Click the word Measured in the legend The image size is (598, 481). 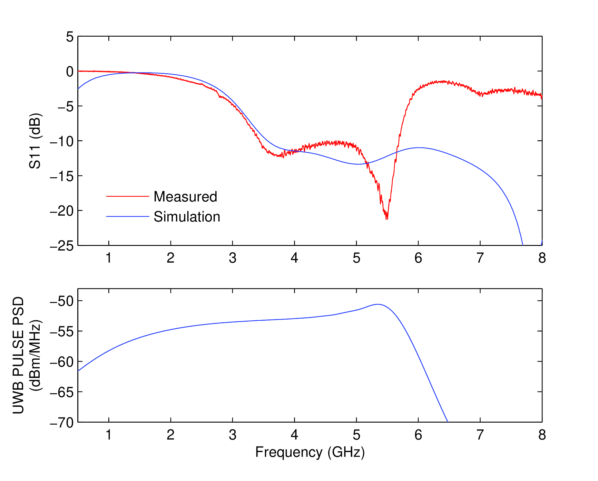185,197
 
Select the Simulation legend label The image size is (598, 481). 187,217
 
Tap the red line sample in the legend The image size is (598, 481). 127,196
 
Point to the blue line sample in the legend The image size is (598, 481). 127,216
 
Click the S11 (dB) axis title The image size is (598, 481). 35,141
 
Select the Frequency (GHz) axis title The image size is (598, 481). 310,452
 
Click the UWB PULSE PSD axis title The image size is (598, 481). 18,355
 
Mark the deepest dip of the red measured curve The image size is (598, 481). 387,218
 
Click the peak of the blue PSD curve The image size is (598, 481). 378,304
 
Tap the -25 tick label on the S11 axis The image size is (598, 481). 62,246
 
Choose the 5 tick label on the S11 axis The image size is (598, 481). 70,37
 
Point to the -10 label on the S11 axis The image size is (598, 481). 62,141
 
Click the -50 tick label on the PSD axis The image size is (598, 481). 62,301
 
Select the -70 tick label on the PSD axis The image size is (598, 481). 62,422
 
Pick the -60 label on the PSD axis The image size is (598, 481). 62,362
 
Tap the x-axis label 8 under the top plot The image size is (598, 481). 542,258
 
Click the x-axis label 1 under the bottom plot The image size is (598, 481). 109,435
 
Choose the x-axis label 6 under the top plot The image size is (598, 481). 418,258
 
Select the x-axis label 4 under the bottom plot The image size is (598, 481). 294,435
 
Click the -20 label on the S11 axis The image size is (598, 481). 62,211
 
